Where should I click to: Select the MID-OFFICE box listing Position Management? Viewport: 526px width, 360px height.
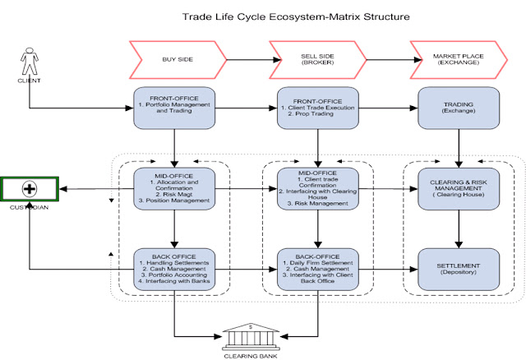click(174, 189)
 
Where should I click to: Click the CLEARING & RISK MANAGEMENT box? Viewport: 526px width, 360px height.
click(459, 188)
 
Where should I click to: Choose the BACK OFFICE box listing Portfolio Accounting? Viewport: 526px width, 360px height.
click(174, 267)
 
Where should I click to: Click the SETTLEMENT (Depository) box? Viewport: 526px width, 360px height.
click(459, 267)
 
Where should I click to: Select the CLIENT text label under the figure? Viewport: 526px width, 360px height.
click(28, 81)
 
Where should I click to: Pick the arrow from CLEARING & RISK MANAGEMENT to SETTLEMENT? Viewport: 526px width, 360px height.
click(459, 228)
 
